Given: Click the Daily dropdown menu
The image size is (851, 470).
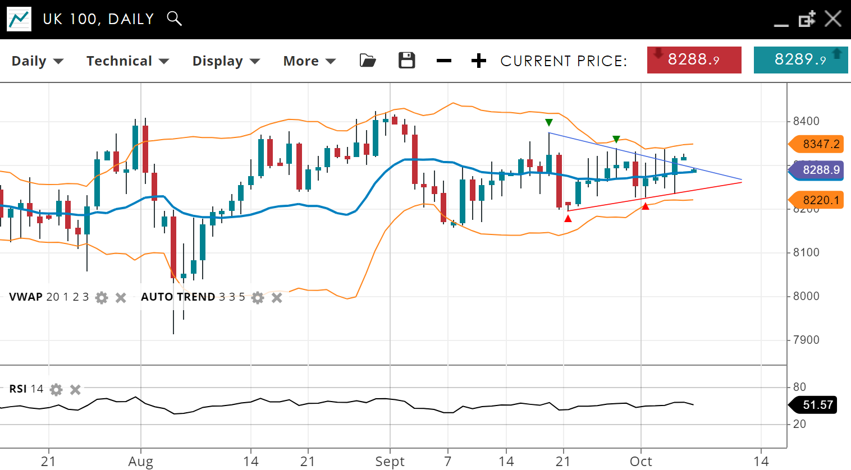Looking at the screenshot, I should pyautogui.click(x=37, y=61).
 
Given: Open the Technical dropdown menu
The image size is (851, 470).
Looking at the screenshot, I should pyautogui.click(x=127, y=61).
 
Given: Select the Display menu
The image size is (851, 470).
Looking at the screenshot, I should pyautogui.click(x=226, y=61).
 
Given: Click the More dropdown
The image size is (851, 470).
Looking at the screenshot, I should pyautogui.click(x=309, y=61).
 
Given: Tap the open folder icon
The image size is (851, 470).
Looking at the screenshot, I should pyautogui.click(x=368, y=61).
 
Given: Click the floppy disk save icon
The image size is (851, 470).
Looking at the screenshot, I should pyautogui.click(x=406, y=61).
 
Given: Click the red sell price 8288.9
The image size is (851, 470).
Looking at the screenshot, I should pyautogui.click(x=694, y=60).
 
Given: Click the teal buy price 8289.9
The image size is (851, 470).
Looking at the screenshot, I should pyautogui.click(x=800, y=60).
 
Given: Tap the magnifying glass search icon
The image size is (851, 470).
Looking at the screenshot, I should pyautogui.click(x=175, y=19).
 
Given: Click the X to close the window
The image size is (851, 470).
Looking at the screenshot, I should pyautogui.click(x=832, y=19).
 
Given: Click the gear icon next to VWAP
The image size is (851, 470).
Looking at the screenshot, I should pyautogui.click(x=102, y=298).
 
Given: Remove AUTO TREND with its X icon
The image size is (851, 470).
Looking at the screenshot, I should pyautogui.click(x=277, y=298).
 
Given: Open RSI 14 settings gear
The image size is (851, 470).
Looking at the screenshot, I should pyautogui.click(x=56, y=389).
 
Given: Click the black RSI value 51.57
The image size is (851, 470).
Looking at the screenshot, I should pyautogui.click(x=816, y=405).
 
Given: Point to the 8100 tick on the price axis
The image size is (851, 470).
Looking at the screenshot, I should pyautogui.click(x=806, y=252).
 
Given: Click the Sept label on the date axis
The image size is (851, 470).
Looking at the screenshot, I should pyautogui.click(x=390, y=462).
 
